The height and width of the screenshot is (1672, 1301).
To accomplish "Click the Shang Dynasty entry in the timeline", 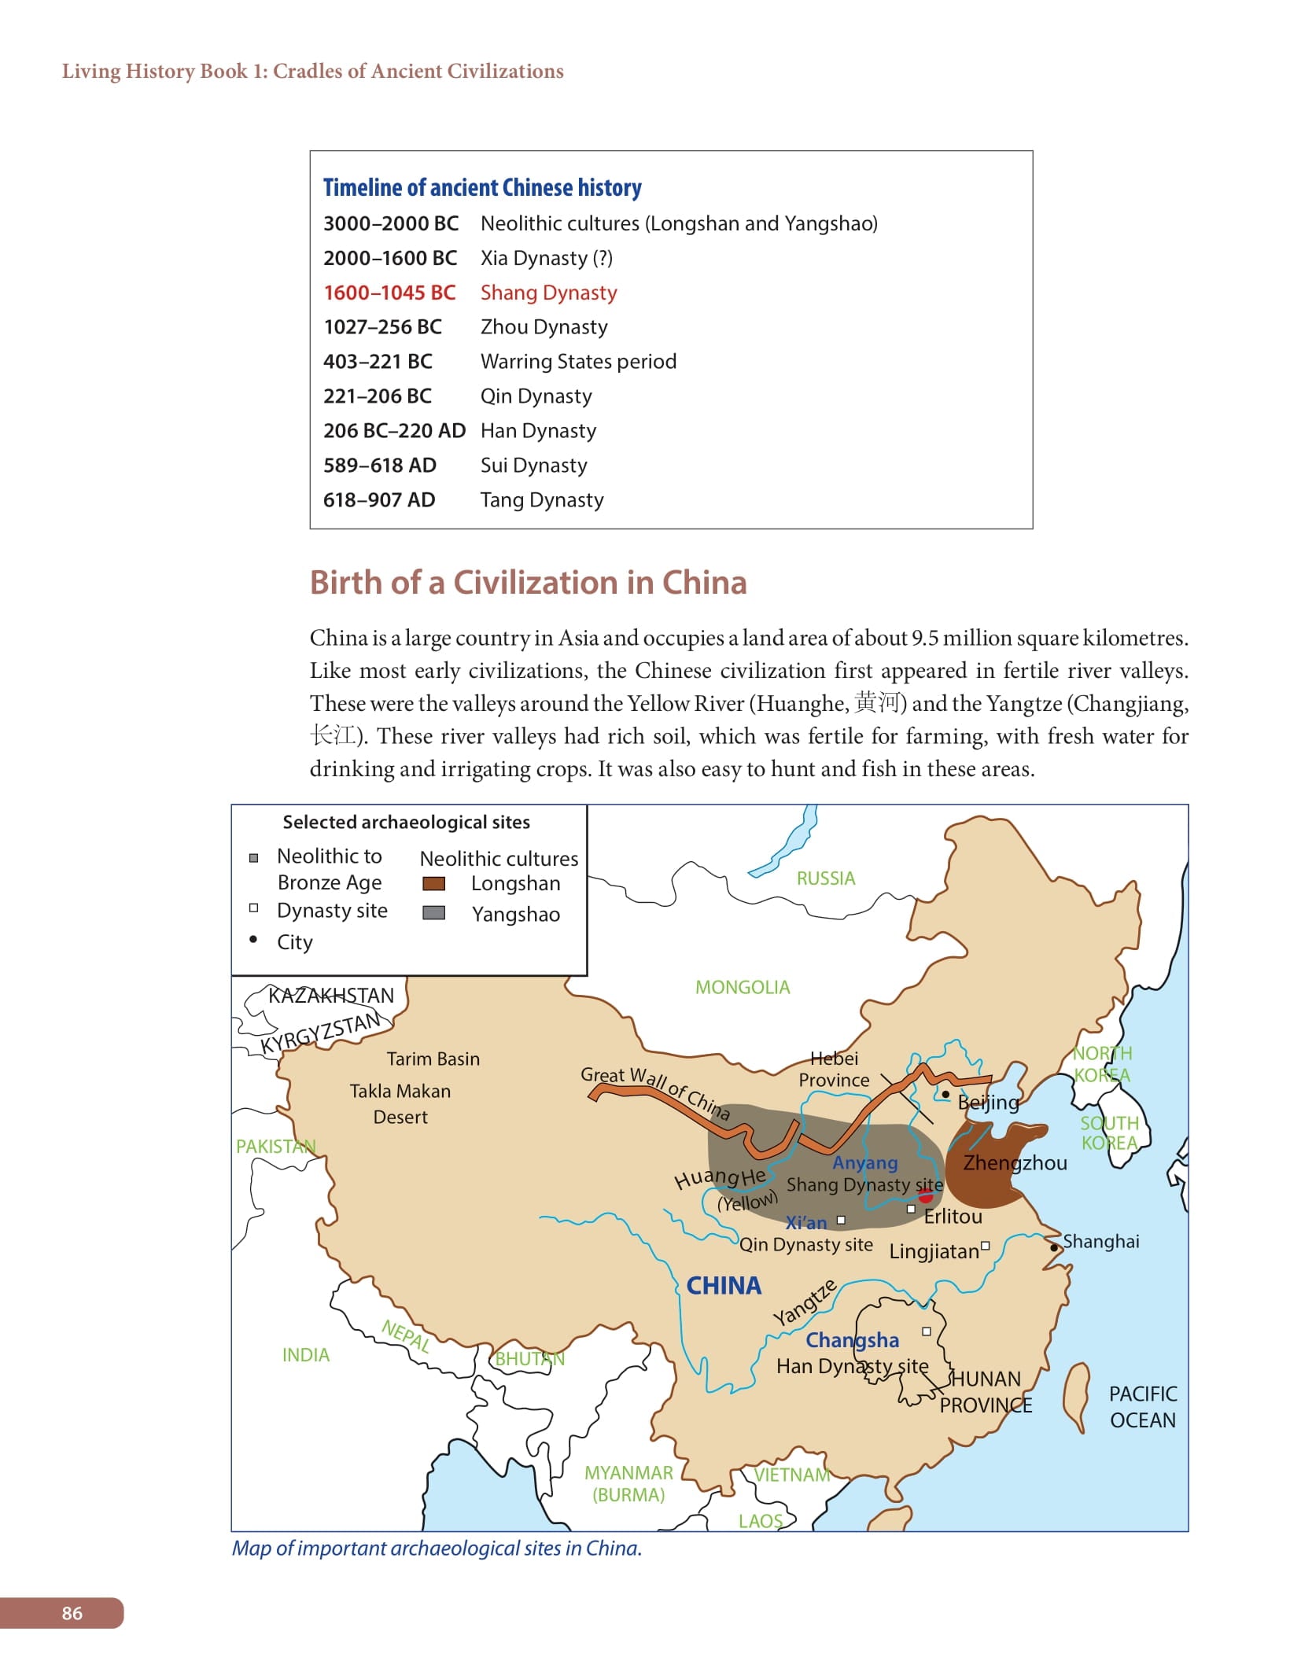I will [x=548, y=293].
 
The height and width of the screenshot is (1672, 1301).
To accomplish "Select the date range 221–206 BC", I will [x=377, y=396].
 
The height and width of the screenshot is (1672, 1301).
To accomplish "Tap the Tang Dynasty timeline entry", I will [x=542, y=500].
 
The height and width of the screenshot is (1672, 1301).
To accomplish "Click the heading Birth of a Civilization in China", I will [x=528, y=583].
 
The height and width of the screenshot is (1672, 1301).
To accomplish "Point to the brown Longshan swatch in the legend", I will [x=433, y=883].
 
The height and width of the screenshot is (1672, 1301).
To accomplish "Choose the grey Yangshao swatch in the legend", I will [x=433, y=913].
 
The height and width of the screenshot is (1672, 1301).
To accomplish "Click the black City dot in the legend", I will [x=253, y=940].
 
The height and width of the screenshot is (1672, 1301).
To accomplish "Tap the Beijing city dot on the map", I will [x=945, y=1094].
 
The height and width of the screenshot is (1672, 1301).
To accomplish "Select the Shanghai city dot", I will [x=1054, y=1247].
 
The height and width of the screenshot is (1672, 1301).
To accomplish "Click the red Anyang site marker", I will [x=926, y=1196].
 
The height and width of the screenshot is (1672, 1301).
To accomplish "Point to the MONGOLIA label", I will [x=742, y=987].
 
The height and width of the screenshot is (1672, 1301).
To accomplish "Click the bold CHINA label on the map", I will [x=724, y=1286].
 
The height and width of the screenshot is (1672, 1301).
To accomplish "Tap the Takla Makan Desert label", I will [x=400, y=1103].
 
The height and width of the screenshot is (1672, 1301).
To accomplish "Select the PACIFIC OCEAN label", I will [x=1142, y=1407].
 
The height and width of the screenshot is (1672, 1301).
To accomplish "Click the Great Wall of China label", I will [x=655, y=1092].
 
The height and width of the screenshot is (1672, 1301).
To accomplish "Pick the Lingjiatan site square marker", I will [x=985, y=1245].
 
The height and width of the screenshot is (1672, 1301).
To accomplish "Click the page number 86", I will [x=72, y=1613].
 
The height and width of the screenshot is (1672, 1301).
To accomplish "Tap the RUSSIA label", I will [x=825, y=878].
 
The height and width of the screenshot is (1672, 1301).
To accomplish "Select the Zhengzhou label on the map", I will [x=1015, y=1163].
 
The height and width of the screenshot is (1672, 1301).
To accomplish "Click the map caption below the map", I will [x=437, y=1548].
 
